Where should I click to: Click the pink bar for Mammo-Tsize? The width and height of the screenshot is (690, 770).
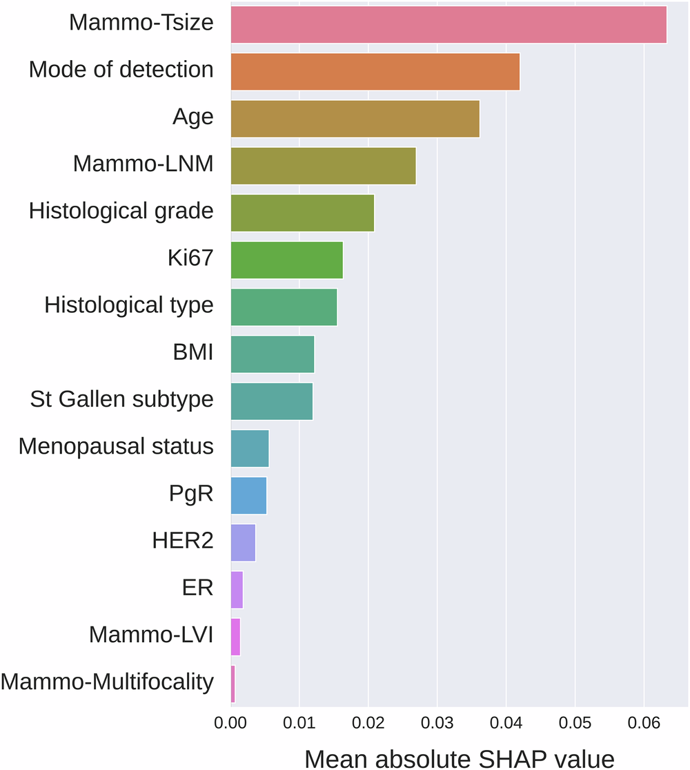coord(448,24)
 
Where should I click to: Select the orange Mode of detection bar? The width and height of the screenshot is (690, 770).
coord(375,71)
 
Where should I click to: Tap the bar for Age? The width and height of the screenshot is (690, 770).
coord(355,119)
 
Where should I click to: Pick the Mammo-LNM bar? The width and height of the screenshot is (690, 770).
coord(323,166)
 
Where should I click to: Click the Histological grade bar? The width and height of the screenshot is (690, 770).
coord(302,213)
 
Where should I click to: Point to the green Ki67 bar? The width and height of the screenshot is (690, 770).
coord(286,260)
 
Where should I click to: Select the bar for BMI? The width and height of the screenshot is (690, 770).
coord(272,354)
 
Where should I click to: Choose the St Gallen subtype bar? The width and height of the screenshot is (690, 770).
coord(271,401)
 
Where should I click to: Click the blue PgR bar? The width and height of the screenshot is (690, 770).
coord(248,495)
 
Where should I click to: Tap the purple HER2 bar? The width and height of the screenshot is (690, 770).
coord(243,542)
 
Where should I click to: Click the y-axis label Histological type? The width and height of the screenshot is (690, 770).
coord(129,305)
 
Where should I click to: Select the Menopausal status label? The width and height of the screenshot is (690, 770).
coord(116,446)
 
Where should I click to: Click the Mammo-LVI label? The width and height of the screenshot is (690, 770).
coord(151,635)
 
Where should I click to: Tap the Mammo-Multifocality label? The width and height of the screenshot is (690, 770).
coord(107,682)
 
